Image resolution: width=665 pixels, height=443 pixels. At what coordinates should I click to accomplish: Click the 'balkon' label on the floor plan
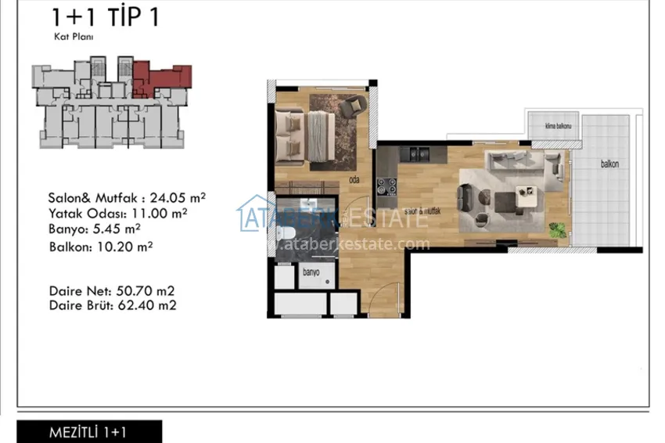[x=609, y=164]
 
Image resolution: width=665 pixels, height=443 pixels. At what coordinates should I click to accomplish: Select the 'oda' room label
[x=354, y=179]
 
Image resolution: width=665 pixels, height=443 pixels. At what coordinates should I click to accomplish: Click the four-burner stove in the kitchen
[x=386, y=186]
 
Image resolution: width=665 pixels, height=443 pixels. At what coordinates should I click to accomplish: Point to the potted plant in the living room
[x=558, y=230]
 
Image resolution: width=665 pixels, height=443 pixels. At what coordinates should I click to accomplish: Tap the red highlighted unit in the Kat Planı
[x=160, y=78]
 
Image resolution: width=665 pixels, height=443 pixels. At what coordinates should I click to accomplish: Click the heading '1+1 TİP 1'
[x=105, y=17]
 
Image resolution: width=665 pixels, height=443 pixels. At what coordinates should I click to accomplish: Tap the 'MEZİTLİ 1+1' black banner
[x=88, y=432]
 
